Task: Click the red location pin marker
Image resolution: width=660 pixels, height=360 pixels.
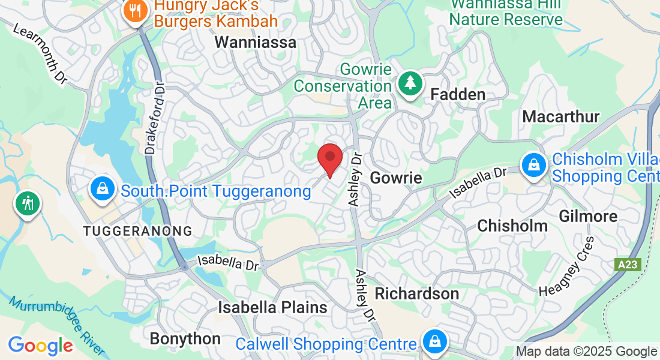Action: click(330, 158)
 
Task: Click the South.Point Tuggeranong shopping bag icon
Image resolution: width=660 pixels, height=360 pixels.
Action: click(103, 188)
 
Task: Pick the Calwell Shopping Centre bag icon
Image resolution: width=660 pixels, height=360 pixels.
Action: click(433, 341)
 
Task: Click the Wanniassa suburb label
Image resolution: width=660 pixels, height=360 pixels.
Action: click(256, 42)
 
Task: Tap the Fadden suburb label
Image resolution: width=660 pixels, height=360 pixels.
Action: click(458, 95)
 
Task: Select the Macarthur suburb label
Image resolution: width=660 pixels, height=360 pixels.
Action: click(561, 116)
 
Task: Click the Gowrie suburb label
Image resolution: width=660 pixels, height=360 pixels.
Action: click(396, 178)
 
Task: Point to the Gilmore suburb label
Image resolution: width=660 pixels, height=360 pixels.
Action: click(588, 216)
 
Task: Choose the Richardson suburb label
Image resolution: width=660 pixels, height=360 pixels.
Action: click(417, 293)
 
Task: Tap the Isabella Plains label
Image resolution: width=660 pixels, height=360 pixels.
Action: click(272, 308)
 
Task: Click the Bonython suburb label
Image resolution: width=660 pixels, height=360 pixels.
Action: click(185, 338)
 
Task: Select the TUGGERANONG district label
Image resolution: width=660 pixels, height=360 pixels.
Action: click(138, 231)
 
